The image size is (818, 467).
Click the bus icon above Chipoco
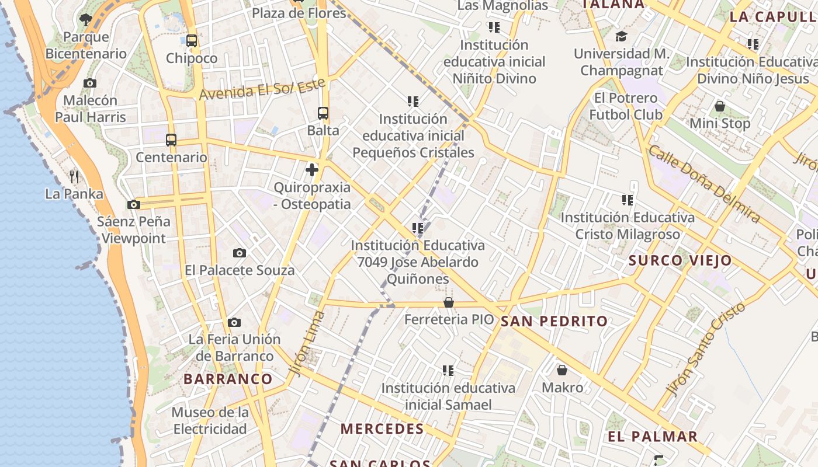(x=191, y=41)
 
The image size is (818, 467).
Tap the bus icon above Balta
(x=323, y=113)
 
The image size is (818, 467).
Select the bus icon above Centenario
(x=171, y=140)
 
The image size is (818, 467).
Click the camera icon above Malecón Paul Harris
(x=90, y=83)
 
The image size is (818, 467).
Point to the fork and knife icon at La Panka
(x=74, y=176)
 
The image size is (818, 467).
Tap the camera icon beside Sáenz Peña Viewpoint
(x=134, y=204)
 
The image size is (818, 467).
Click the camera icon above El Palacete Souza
(x=239, y=253)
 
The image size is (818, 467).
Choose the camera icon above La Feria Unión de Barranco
(x=234, y=322)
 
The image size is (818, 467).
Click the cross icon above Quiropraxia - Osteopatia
(x=312, y=170)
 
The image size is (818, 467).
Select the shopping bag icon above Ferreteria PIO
(x=448, y=302)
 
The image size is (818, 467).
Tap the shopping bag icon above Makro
(x=561, y=370)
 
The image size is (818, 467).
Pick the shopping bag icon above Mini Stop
(x=719, y=106)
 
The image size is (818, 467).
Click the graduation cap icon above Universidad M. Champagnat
(x=621, y=36)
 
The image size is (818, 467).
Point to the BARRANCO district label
(x=228, y=379)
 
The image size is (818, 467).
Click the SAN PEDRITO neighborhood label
(x=554, y=321)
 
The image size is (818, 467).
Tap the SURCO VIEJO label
(x=680, y=260)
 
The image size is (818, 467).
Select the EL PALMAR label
(x=653, y=437)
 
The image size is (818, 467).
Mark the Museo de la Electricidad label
(x=210, y=420)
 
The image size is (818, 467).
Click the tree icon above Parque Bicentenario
(x=86, y=19)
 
